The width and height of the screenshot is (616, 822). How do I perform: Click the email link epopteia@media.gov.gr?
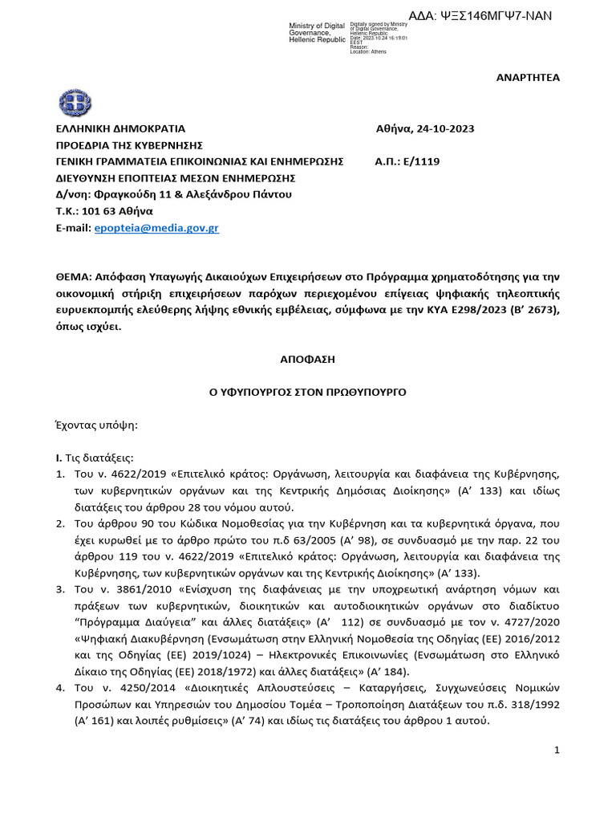coord(156,228)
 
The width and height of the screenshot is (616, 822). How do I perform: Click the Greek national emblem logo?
coord(76,103)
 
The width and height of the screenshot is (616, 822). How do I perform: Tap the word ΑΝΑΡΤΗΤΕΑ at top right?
coord(530,77)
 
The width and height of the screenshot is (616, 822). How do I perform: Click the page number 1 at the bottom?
coord(557,750)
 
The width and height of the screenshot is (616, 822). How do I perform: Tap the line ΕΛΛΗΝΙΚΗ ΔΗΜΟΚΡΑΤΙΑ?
coord(120,128)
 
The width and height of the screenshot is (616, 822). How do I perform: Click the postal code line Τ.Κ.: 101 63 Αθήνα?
coord(104,211)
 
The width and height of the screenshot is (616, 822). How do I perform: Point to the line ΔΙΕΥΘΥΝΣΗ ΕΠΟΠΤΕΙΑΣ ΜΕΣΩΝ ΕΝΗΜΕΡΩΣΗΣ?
coord(176,177)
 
